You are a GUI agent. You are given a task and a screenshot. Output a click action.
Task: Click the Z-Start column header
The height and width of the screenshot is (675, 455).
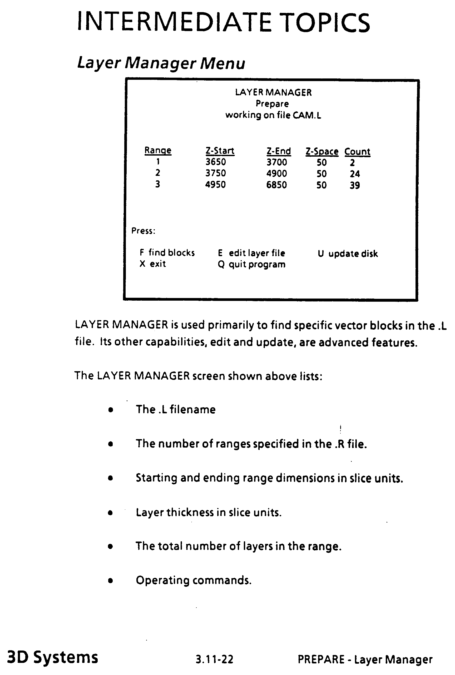[220, 151]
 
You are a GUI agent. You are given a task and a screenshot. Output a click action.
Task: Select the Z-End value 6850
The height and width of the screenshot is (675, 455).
[276, 185]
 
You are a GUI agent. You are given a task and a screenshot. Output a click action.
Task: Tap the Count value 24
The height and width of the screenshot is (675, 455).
[355, 174]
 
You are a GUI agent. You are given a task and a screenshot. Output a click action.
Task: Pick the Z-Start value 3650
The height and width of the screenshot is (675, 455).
[215, 162]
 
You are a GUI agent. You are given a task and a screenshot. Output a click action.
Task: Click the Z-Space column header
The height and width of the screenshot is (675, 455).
[322, 151]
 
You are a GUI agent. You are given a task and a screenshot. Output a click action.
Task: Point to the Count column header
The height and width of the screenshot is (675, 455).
[357, 151]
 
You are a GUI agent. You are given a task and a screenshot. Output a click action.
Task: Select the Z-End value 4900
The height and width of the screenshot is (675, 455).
[276, 173]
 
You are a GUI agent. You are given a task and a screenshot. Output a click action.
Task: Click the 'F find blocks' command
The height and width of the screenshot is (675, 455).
[167, 253]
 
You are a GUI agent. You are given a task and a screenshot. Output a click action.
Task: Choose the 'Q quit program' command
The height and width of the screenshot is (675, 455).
[251, 264]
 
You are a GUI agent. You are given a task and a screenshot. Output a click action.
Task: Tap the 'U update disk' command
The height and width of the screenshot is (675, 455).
[348, 254]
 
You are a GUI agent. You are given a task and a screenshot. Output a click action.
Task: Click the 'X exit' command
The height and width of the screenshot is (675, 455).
[153, 264]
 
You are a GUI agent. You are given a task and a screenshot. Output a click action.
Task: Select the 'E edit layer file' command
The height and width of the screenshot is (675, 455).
[251, 253]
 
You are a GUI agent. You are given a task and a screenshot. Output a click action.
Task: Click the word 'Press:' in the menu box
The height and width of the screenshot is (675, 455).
[143, 231]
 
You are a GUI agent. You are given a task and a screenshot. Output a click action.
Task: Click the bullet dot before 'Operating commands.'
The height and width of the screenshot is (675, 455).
[110, 581]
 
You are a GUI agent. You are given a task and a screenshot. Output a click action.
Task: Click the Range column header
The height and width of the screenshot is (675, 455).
[158, 151]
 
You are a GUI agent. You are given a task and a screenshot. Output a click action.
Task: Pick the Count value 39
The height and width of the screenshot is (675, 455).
[355, 185]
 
